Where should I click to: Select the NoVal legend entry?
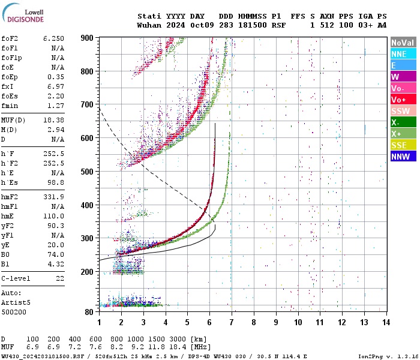click(x=403, y=43)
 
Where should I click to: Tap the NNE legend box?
click(x=403, y=54)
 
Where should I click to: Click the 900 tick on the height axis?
click(x=87, y=38)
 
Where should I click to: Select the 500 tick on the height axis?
click(x=87, y=172)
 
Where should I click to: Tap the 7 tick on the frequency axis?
click(x=232, y=322)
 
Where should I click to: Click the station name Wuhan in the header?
click(x=149, y=26)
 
